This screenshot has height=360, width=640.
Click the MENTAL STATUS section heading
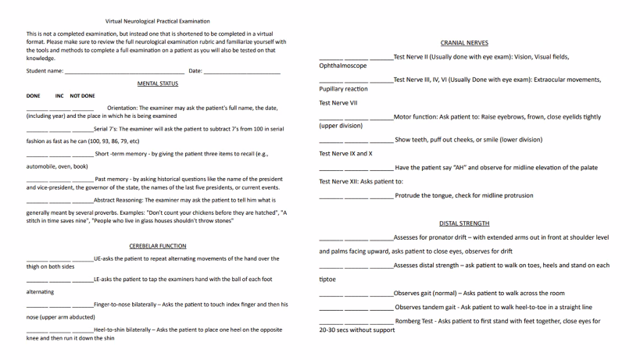(x=158, y=84)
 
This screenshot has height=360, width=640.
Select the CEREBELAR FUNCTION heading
(x=158, y=245)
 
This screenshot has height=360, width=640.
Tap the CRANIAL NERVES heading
(x=464, y=43)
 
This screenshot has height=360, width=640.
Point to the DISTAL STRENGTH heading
(x=464, y=223)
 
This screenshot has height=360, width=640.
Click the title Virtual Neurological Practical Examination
(x=157, y=21)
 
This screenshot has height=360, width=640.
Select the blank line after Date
(x=241, y=72)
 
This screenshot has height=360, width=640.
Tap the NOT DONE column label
(x=82, y=96)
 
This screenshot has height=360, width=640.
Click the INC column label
(x=59, y=96)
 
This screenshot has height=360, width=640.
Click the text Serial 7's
(x=107, y=129)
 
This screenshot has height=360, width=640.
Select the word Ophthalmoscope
(x=342, y=66)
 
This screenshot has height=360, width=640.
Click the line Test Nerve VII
(x=338, y=103)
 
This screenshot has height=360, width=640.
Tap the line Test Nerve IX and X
(x=345, y=154)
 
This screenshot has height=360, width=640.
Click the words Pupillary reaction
(x=343, y=89)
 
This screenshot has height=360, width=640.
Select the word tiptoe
(x=327, y=279)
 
